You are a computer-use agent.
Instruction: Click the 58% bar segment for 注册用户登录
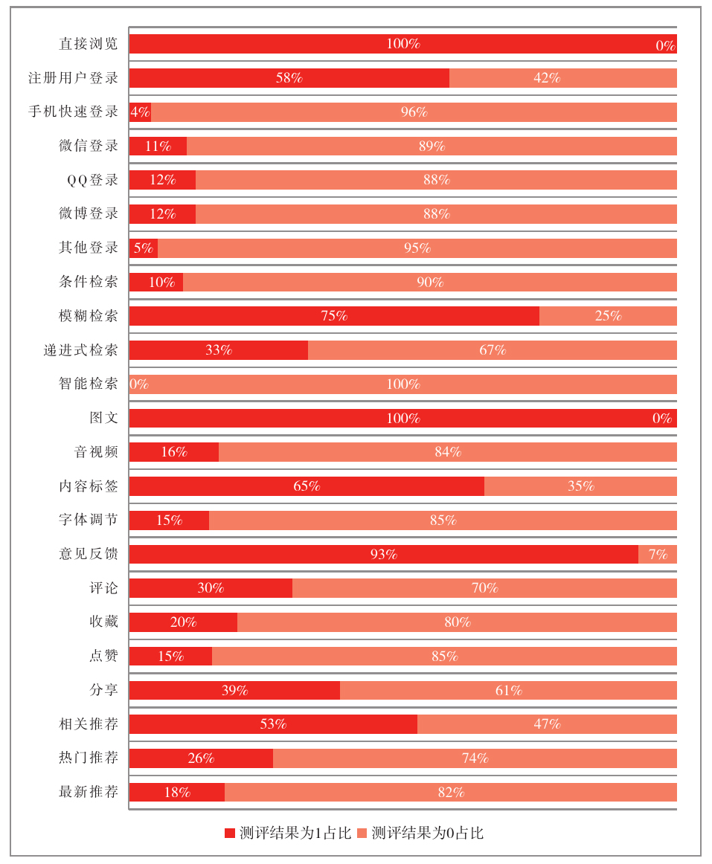pyautogui.click(x=289, y=78)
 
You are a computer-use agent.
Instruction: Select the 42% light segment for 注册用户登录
pyautogui.click(x=562, y=78)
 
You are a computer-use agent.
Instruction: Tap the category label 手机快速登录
pyautogui.click(x=74, y=112)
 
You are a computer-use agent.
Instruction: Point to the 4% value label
pyautogui.click(x=140, y=112)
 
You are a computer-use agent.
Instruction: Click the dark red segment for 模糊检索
pyautogui.click(x=334, y=316)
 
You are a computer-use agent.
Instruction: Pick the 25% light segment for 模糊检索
pyautogui.click(x=608, y=316)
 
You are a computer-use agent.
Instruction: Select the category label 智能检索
pyautogui.click(x=89, y=384)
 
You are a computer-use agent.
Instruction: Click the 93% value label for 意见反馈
pyautogui.click(x=384, y=554)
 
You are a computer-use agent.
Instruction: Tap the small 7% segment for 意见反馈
pyautogui.click(x=658, y=554)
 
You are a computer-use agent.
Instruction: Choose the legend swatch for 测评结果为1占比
pyautogui.click(x=230, y=833)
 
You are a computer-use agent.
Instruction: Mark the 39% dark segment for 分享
pyautogui.click(x=234, y=690)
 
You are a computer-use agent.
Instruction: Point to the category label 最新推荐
pyautogui.click(x=89, y=792)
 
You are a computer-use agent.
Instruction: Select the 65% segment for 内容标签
pyautogui.click(x=307, y=486)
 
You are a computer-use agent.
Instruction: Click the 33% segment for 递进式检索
pyautogui.click(x=219, y=350)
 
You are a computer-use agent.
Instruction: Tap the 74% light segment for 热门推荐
pyautogui.click(x=475, y=758)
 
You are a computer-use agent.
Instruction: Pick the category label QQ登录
pyautogui.click(x=93, y=180)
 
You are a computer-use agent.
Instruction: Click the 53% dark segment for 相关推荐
pyautogui.click(x=273, y=724)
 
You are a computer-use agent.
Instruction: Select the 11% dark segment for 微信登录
pyautogui.click(x=158, y=146)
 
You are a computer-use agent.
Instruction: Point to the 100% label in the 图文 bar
pyautogui.click(x=403, y=419)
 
